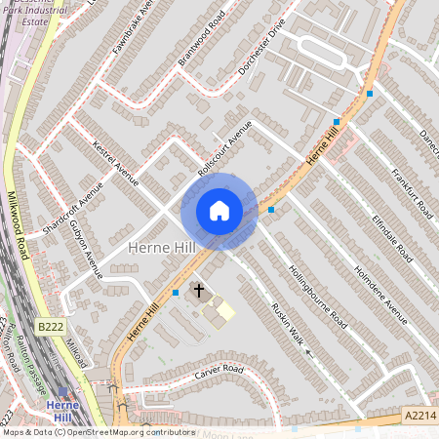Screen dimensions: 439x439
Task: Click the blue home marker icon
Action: [x=219, y=211]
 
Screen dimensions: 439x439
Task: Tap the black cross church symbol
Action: [x=199, y=291]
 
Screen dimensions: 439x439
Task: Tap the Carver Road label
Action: [x=218, y=370]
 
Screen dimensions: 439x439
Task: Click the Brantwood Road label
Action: [x=202, y=40]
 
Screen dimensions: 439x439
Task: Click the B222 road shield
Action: [x=52, y=326]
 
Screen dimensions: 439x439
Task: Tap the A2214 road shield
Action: [x=419, y=417]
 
